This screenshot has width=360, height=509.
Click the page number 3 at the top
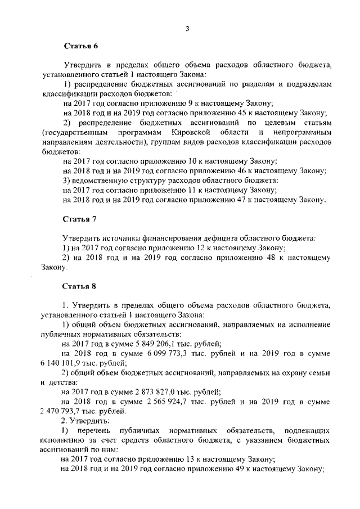tap(187, 29)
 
